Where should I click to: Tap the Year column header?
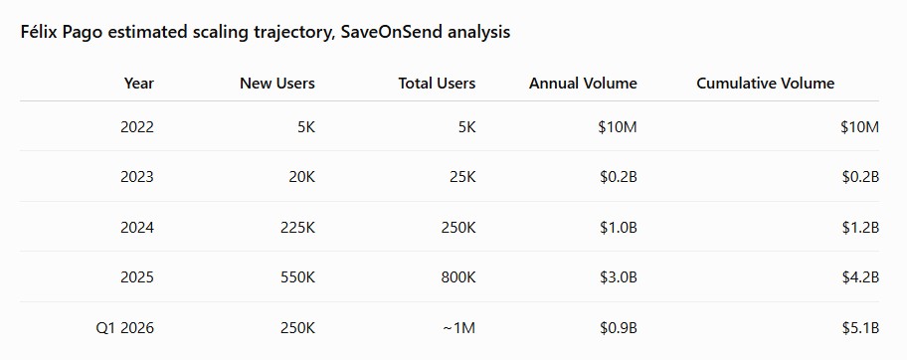click(x=139, y=84)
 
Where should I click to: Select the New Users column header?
click(x=277, y=84)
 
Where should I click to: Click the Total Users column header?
click(x=437, y=84)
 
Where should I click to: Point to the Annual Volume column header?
click(x=583, y=84)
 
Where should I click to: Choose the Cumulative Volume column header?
click(x=766, y=84)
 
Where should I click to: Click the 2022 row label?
click(x=137, y=126)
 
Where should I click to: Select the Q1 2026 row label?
click(x=125, y=328)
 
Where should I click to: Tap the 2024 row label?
click(x=137, y=228)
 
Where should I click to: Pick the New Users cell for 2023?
click(x=302, y=177)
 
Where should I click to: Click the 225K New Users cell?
click(x=298, y=228)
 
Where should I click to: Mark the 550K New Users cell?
click(x=298, y=277)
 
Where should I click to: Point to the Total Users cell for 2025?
click(x=458, y=277)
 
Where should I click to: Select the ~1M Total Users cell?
click(x=458, y=328)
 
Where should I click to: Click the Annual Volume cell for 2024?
click(x=619, y=228)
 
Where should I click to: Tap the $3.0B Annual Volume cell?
click(x=619, y=277)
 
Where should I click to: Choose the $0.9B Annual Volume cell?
click(x=619, y=328)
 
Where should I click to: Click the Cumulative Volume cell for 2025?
click(x=860, y=277)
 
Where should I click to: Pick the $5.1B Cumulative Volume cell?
click(x=860, y=328)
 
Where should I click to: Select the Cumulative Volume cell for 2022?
click(x=860, y=126)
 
